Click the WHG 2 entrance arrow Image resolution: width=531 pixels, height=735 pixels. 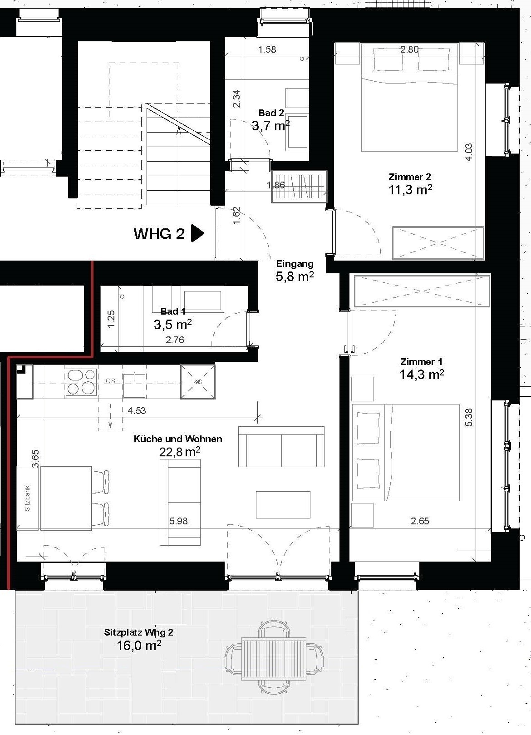197,233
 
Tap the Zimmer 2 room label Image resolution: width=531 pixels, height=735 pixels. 410,177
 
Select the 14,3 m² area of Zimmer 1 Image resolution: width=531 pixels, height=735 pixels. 422,375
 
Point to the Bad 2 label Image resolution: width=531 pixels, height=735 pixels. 271,113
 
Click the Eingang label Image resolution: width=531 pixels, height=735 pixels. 295,264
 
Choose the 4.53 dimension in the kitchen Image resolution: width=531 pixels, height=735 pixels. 137,410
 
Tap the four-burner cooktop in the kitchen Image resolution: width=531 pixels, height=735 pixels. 81,382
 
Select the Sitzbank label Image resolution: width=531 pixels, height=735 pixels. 27,498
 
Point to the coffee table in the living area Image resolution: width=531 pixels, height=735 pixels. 283,505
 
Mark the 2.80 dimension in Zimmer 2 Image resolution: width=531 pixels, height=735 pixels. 409,49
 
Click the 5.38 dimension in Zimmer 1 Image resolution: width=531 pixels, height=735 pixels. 469,417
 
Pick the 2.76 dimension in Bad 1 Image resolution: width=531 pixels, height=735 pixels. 175,340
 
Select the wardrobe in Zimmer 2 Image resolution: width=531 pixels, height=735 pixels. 438,243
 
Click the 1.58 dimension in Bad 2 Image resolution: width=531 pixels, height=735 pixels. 267,49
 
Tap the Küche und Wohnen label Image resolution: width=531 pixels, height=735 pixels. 178,439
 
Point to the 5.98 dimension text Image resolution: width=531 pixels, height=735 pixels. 178,521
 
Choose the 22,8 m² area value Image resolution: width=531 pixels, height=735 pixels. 180,452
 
